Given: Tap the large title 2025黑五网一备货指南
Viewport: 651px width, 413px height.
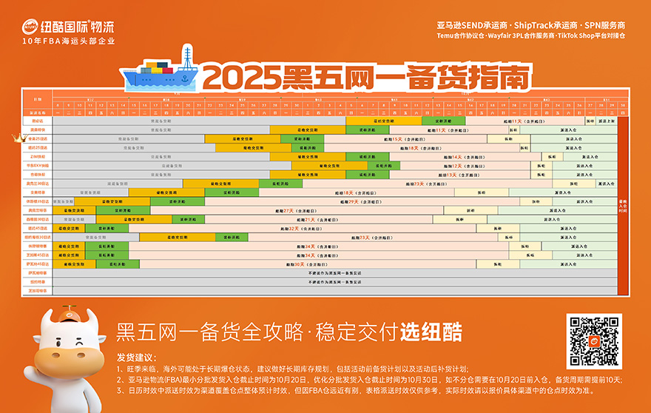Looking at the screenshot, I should (x=367, y=76).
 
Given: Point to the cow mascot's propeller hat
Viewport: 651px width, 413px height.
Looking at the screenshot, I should (x=67, y=310).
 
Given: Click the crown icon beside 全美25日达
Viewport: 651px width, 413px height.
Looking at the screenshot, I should (x=21, y=138).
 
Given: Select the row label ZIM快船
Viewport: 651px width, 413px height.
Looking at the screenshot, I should (x=37, y=157).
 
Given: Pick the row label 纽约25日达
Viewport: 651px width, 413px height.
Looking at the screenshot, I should (x=37, y=147).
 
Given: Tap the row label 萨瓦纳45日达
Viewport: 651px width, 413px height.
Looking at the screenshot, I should (x=37, y=263).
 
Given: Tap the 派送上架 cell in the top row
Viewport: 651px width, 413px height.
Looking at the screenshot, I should (x=607, y=120).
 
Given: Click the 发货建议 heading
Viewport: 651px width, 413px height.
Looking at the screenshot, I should (x=135, y=357).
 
